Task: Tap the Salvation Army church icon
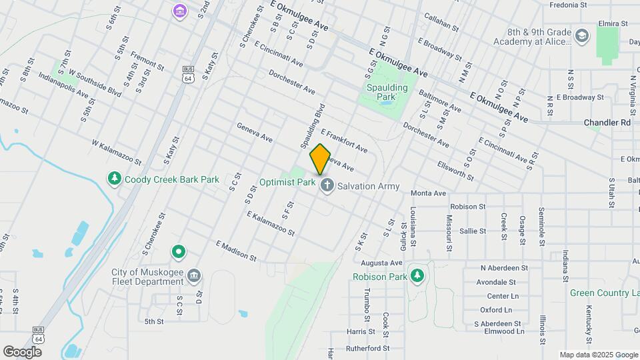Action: pyautogui.click(x=327, y=186)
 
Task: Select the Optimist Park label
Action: pyautogui.click(x=287, y=182)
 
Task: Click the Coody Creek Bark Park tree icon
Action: pyautogui.click(x=115, y=179)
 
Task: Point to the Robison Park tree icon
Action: pyautogui.click(x=417, y=275)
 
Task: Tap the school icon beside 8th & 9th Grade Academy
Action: pyautogui.click(x=582, y=36)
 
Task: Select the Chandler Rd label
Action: pyautogui.click(x=607, y=123)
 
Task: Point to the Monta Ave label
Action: pyautogui.click(x=428, y=193)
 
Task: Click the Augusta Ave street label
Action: pyautogui.click(x=382, y=263)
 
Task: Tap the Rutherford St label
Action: pyautogui.click(x=367, y=348)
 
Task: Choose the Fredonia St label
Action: pyautogui.click(x=567, y=5)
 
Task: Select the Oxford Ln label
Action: pyautogui.click(x=496, y=310)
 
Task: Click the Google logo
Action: pyautogui.click(x=22, y=352)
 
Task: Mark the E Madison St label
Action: pyautogui.click(x=236, y=251)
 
